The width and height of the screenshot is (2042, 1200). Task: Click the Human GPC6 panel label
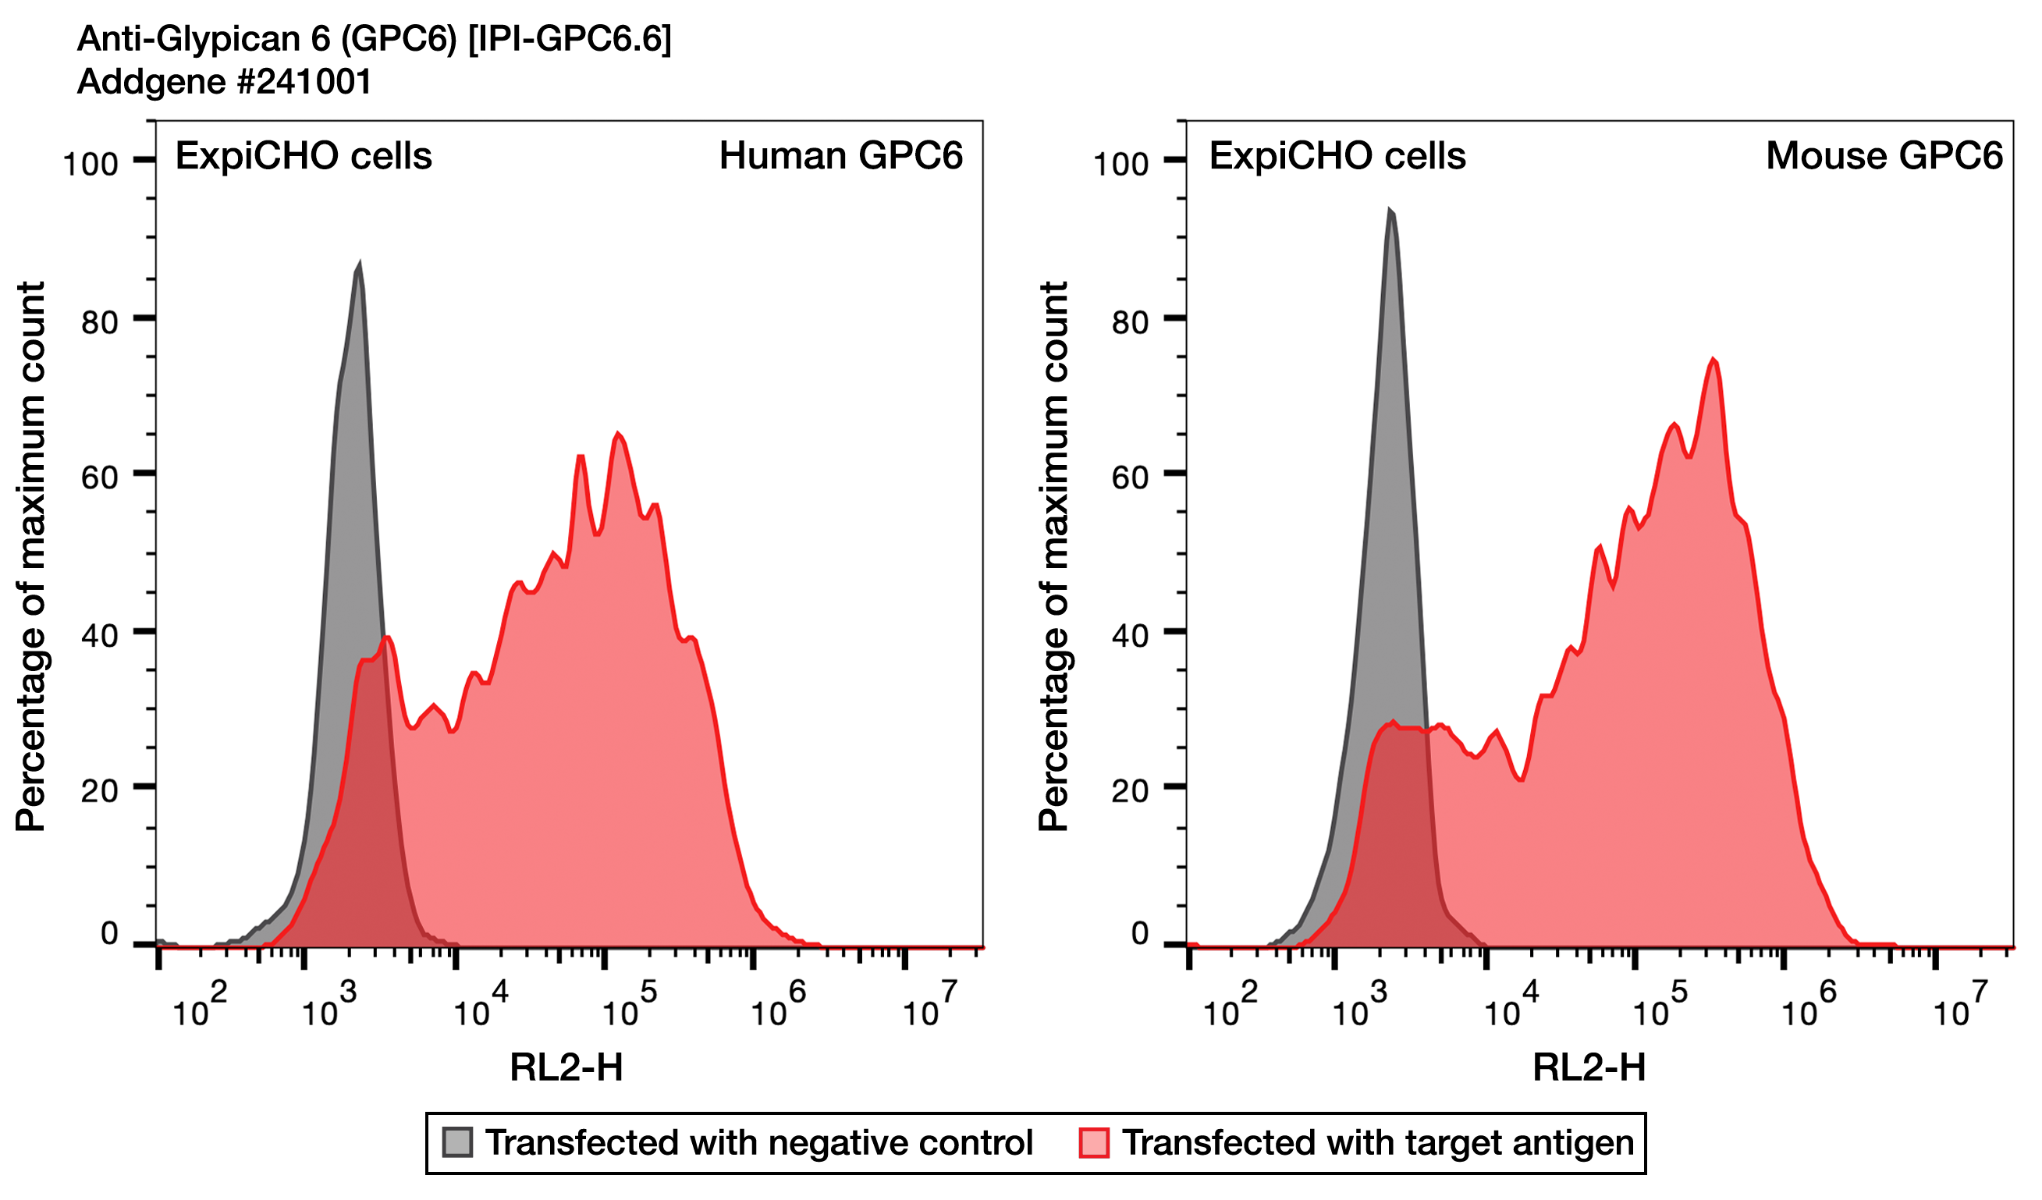point(840,155)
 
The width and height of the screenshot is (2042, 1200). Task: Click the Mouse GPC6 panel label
point(1883,155)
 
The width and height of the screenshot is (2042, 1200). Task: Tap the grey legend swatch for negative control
point(457,1142)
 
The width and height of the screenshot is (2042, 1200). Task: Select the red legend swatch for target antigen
point(1094,1142)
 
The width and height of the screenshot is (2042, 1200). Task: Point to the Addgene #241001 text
point(225,82)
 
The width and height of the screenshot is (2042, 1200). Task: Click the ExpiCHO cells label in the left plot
point(303,155)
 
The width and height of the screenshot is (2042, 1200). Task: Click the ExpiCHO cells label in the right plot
point(1337,155)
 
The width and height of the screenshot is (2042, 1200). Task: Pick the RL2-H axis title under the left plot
point(566,1068)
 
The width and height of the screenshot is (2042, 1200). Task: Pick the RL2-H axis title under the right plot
point(1589,1068)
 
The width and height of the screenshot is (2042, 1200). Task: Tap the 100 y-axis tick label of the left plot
point(91,165)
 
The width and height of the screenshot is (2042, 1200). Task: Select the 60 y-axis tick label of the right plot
point(1130,478)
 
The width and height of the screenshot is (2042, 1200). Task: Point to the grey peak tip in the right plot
point(1390,211)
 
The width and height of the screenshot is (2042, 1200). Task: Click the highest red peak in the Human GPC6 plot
point(618,435)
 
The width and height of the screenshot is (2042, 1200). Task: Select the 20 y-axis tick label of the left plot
point(99,791)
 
